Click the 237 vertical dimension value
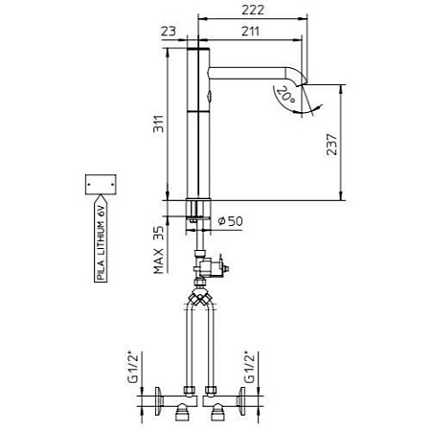point(330,146)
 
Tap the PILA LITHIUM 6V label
point(102,240)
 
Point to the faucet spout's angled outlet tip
point(306,87)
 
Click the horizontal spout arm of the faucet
point(254,72)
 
